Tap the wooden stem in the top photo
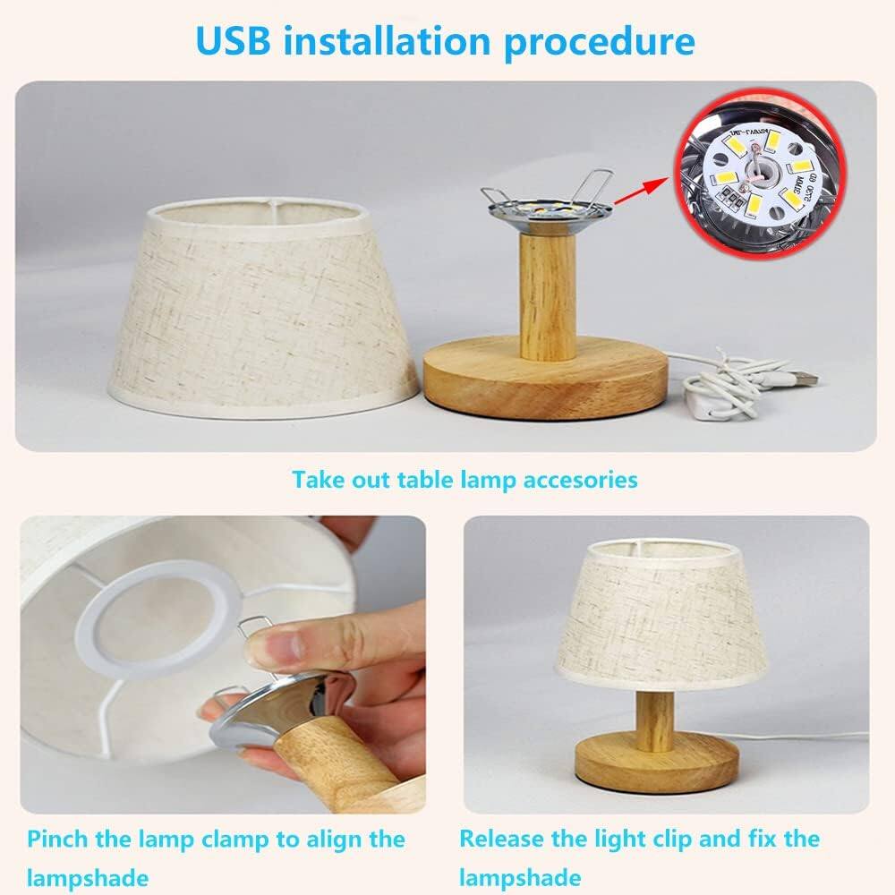coord(548,295)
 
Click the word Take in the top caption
coord(317,480)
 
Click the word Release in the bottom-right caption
coord(505,840)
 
